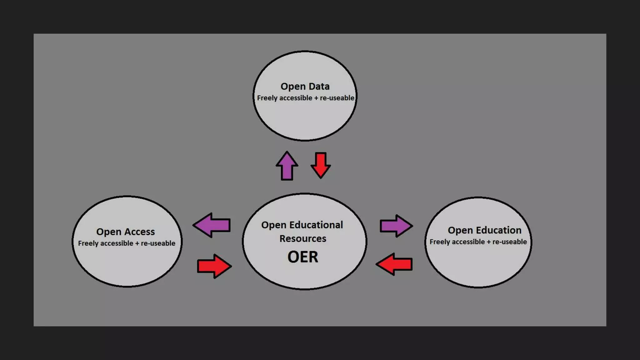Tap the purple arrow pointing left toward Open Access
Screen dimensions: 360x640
click(212, 225)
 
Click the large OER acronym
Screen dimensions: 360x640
click(302, 257)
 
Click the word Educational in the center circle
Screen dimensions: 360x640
click(316, 225)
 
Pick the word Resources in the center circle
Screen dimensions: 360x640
click(302, 239)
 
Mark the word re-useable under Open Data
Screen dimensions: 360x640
click(337, 98)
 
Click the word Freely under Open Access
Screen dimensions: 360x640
click(88, 243)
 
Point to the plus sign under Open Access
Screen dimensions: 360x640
click(137, 243)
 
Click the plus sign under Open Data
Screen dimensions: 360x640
click(316, 98)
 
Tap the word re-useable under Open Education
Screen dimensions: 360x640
click(509, 242)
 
